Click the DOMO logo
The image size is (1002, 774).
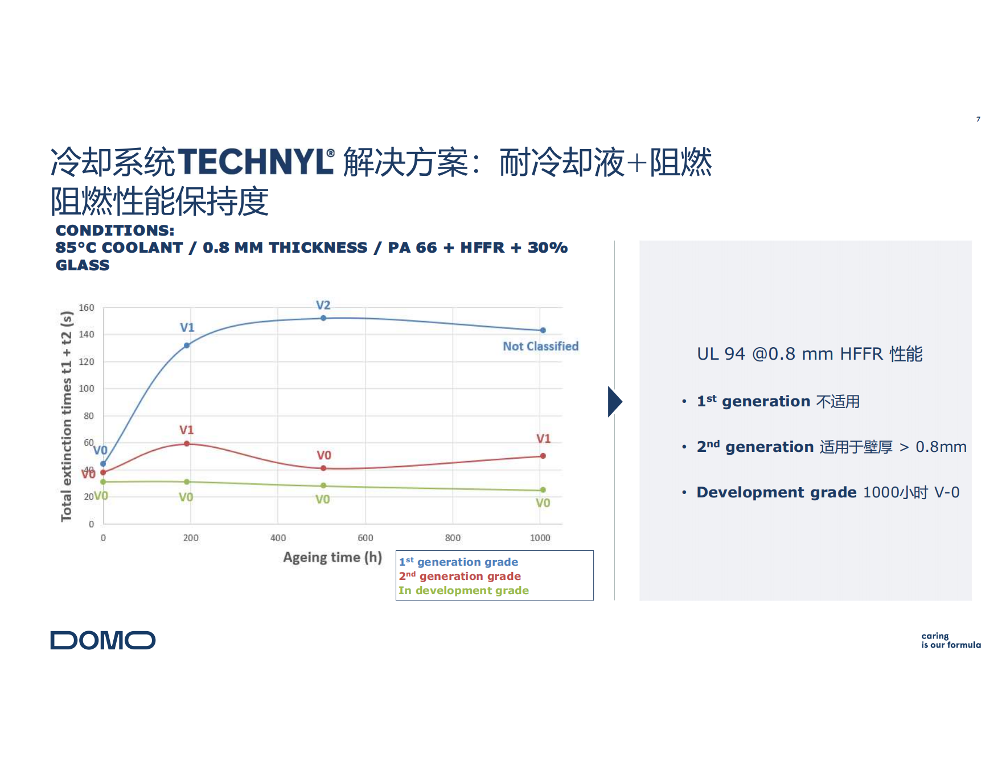pos(102,640)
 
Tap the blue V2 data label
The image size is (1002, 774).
pos(323,306)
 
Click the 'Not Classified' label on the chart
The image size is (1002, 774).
pos(540,346)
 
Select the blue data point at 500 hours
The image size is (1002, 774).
pos(323,318)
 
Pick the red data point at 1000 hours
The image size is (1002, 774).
pos(543,456)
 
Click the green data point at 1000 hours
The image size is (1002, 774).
pos(543,490)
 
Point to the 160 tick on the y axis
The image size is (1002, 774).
pos(87,308)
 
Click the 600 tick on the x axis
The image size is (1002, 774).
pos(366,538)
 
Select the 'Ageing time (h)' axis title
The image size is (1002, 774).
pos(332,557)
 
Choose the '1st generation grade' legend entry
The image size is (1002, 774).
pos(458,562)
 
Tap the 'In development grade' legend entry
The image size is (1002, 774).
pos(463,590)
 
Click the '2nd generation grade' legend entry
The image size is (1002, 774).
pos(459,576)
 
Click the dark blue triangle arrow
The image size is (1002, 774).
pos(615,402)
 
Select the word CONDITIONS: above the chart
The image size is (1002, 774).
pos(115,230)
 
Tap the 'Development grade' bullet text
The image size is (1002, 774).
pos(777,492)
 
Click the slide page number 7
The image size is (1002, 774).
pos(979,119)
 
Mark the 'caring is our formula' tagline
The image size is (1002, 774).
pos(951,640)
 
